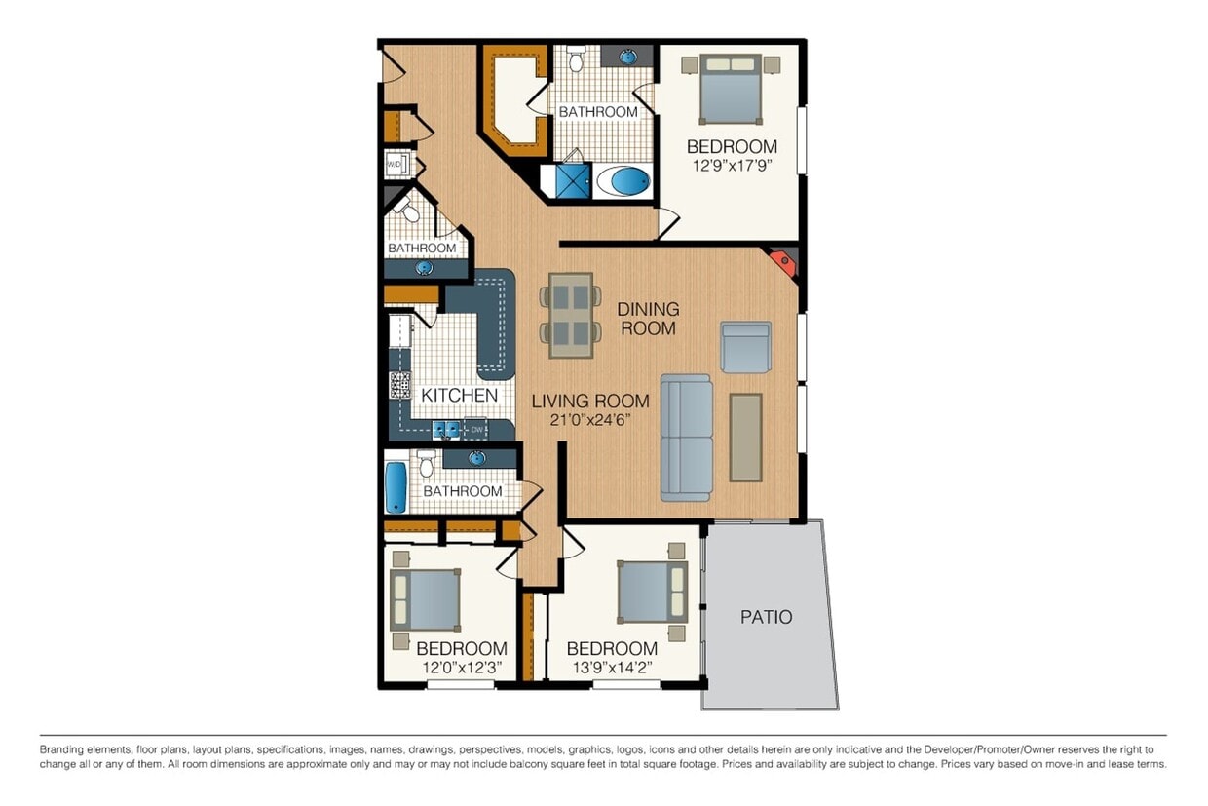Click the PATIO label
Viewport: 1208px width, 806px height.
coord(766,617)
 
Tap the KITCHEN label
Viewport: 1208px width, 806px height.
coord(459,396)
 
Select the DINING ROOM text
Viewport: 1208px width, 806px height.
coord(648,319)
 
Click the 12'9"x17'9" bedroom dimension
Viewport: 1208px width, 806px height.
coord(732,168)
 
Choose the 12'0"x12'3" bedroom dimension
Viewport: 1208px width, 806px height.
coord(462,669)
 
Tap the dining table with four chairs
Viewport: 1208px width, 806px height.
coord(571,315)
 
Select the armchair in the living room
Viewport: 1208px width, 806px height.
coord(746,347)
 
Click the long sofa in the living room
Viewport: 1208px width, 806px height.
coord(686,437)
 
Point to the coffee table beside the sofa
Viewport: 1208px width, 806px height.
coord(745,437)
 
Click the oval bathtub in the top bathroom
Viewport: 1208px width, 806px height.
coord(623,181)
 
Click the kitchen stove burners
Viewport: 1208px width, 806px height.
coord(400,385)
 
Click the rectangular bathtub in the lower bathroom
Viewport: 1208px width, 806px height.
coord(396,487)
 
